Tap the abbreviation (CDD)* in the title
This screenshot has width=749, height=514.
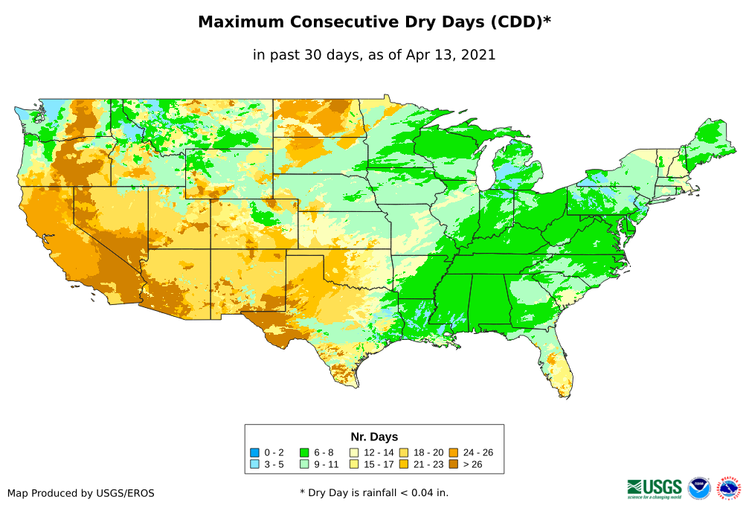[520, 22]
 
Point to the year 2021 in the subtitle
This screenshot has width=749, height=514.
[479, 55]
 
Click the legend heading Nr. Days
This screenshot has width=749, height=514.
[374, 437]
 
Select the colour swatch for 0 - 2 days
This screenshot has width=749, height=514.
[255, 452]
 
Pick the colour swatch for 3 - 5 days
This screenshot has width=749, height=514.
[255, 464]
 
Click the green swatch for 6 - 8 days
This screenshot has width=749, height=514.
[304, 452]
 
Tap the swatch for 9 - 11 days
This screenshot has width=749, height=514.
[304, 464]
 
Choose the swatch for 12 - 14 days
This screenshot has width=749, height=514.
[354, 452]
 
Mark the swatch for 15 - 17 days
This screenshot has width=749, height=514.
[354, 464]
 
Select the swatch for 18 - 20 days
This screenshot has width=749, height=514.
[403, 452]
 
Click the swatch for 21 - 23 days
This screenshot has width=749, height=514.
[403, 464]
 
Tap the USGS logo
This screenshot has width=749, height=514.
[655, 488]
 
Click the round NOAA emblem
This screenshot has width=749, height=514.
[699, 489]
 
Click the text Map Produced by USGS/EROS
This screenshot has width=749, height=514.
[81, 493]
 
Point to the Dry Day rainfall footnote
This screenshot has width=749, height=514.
[374, 492]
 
